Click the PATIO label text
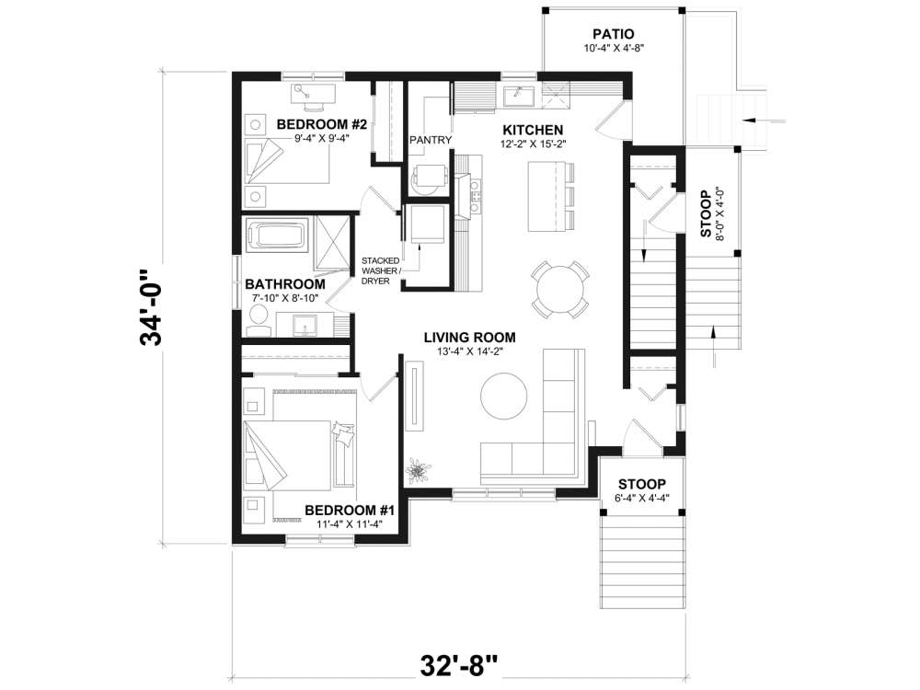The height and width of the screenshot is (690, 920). [x=614, y=34]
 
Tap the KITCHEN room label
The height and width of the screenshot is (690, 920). [x=533, y=129]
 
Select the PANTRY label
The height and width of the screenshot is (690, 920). [x=431, y=140]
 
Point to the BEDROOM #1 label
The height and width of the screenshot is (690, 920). [x=349, y=510]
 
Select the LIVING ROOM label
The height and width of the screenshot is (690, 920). [x=469, y=337]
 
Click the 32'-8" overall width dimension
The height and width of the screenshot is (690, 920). [x=461, y=662]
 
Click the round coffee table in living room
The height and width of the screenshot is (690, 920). [x=505, y=395]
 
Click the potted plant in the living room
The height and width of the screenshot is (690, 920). [x=419, y=471]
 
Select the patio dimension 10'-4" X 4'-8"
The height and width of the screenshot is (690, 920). [x=614, y=48]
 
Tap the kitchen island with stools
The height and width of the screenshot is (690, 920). [x=545, y=195]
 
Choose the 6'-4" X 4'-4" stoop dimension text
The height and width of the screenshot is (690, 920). [x=640, y=498]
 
